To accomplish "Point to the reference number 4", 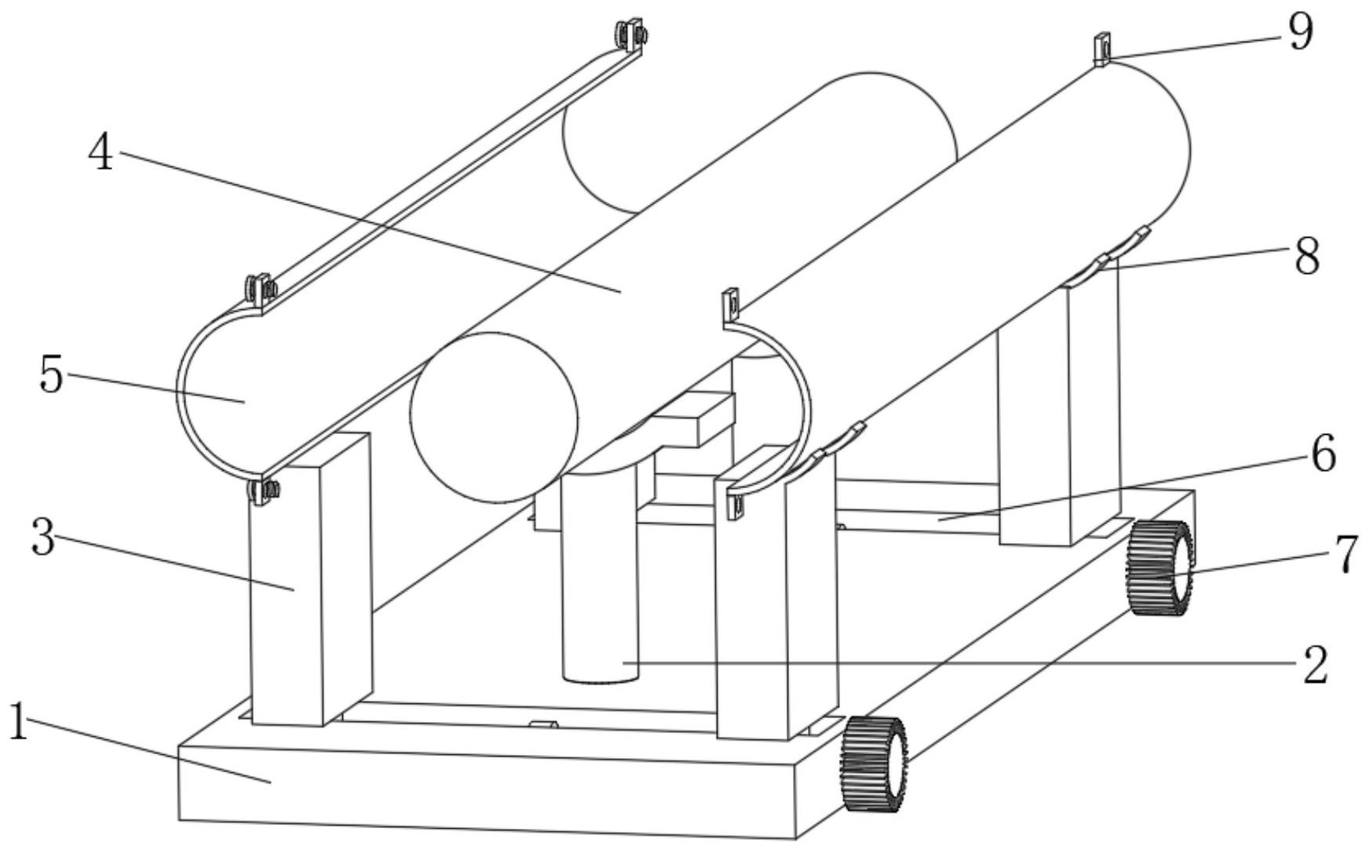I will coord(100,153).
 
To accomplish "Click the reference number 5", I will coord(51,375).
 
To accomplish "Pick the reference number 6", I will coord(1323,454).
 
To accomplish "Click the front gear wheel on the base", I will coord(874,763).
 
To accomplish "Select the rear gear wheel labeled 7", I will coord(1159,567).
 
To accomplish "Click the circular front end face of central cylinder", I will coord(494,417).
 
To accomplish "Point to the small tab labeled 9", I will coord(1101,48).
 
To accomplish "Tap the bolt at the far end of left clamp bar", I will coord(630,35).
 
